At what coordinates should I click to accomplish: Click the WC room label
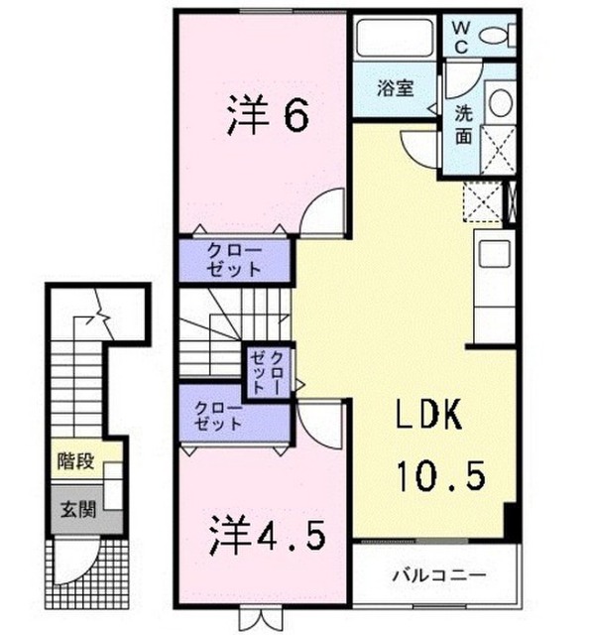[460, 38]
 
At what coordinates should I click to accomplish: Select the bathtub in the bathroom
[394, 37]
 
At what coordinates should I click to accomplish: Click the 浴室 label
[396, 88]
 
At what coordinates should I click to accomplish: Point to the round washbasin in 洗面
[500, 102]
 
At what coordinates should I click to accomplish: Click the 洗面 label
[463, 125]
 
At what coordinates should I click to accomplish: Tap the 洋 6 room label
[268, 115]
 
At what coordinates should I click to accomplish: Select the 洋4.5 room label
[267, 536]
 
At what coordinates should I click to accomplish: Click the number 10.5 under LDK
[441, 476]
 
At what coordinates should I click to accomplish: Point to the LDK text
[429, 414]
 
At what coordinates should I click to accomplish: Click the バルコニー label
[438, 575]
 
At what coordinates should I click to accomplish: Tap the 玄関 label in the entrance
[78, 509]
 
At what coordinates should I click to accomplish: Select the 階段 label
[75, 460]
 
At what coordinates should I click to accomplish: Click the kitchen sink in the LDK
[494, 254]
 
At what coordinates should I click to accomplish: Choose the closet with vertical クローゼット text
[268, 372]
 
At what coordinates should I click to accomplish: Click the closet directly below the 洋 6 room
[235, 260]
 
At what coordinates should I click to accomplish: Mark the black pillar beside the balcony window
[511, 522]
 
